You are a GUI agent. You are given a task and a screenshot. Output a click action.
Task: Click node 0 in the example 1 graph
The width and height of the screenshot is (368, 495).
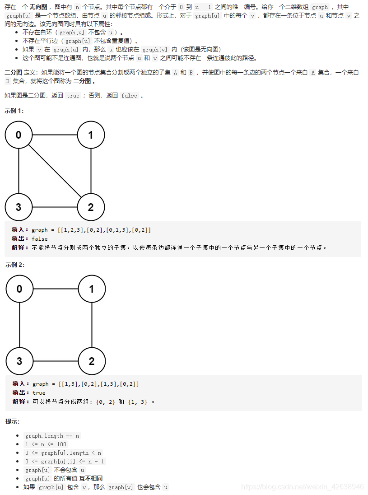(x=19, y=135)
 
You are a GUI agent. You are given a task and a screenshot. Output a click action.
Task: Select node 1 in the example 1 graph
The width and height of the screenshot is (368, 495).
(x=91, y=135)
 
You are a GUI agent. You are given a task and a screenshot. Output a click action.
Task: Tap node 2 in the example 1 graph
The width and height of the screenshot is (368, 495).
(x=91, y=207)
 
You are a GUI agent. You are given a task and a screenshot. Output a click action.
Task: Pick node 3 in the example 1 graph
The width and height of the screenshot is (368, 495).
(x=19, y=207)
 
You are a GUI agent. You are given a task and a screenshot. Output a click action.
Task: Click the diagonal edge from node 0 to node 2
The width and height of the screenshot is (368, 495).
(x=55, y=171)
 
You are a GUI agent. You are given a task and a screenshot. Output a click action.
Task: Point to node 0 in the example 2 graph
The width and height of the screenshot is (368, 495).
(x=19, y=289)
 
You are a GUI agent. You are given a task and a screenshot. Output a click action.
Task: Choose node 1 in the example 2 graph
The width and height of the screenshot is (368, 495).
(x=92, y=289)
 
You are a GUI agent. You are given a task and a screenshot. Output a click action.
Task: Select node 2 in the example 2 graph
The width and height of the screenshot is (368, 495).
(x=92, y=361)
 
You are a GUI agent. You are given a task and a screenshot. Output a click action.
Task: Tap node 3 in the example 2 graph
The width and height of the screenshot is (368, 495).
(x=19, y=361)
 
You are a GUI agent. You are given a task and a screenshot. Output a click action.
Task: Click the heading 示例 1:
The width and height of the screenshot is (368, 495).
(x=14, y=111)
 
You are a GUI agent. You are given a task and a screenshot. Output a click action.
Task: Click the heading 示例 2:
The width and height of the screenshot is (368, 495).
(x=14, y=265)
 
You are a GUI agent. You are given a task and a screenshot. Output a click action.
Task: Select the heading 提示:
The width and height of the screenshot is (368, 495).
(x=12, y=421)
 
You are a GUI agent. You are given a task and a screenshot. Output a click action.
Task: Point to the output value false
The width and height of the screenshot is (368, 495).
(x=40, y=239)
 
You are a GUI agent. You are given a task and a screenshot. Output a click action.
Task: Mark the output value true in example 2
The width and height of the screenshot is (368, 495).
(x=39, y=393)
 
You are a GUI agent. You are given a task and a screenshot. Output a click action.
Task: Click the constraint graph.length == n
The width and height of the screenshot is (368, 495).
(x=52, y=436)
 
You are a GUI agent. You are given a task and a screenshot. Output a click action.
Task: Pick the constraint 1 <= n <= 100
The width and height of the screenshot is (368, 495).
(x=46, y=444)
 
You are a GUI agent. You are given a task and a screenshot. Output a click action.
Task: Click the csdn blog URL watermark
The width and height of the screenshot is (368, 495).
(x=302, y=487)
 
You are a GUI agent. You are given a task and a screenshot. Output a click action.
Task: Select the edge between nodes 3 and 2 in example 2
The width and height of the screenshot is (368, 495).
(x=56, y=361)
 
